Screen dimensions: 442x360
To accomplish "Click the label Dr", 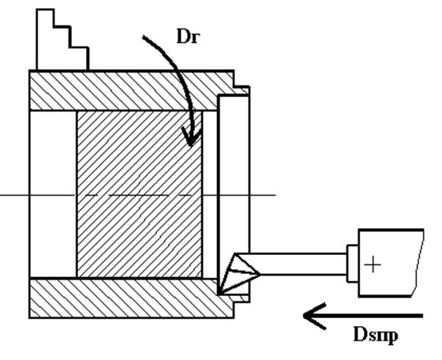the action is click(189, 37).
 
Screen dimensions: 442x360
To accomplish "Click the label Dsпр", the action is click(376, 336).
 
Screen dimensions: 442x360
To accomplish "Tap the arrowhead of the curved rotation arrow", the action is click(191, 137).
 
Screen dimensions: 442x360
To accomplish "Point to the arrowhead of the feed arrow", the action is click(314, 316).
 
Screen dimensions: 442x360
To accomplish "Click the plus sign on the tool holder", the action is click(373, 264).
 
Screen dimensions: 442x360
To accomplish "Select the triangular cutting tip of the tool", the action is click(238, 274).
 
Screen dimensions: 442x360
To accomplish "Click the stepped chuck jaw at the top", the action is click(62, 39).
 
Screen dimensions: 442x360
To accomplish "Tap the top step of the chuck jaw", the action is click(45, 17).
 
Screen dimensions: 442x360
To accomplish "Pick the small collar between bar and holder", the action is click(353, 264).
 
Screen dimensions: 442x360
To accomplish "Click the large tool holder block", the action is click(391, 263).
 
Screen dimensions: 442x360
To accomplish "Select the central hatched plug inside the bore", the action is click(139, 194).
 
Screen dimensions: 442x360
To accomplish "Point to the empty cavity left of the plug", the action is click(53, 194).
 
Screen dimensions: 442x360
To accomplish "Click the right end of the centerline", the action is click(275, 195).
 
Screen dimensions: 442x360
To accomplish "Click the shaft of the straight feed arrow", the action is click(365, 316).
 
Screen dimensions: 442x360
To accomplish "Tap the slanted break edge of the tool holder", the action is click(418, 263).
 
